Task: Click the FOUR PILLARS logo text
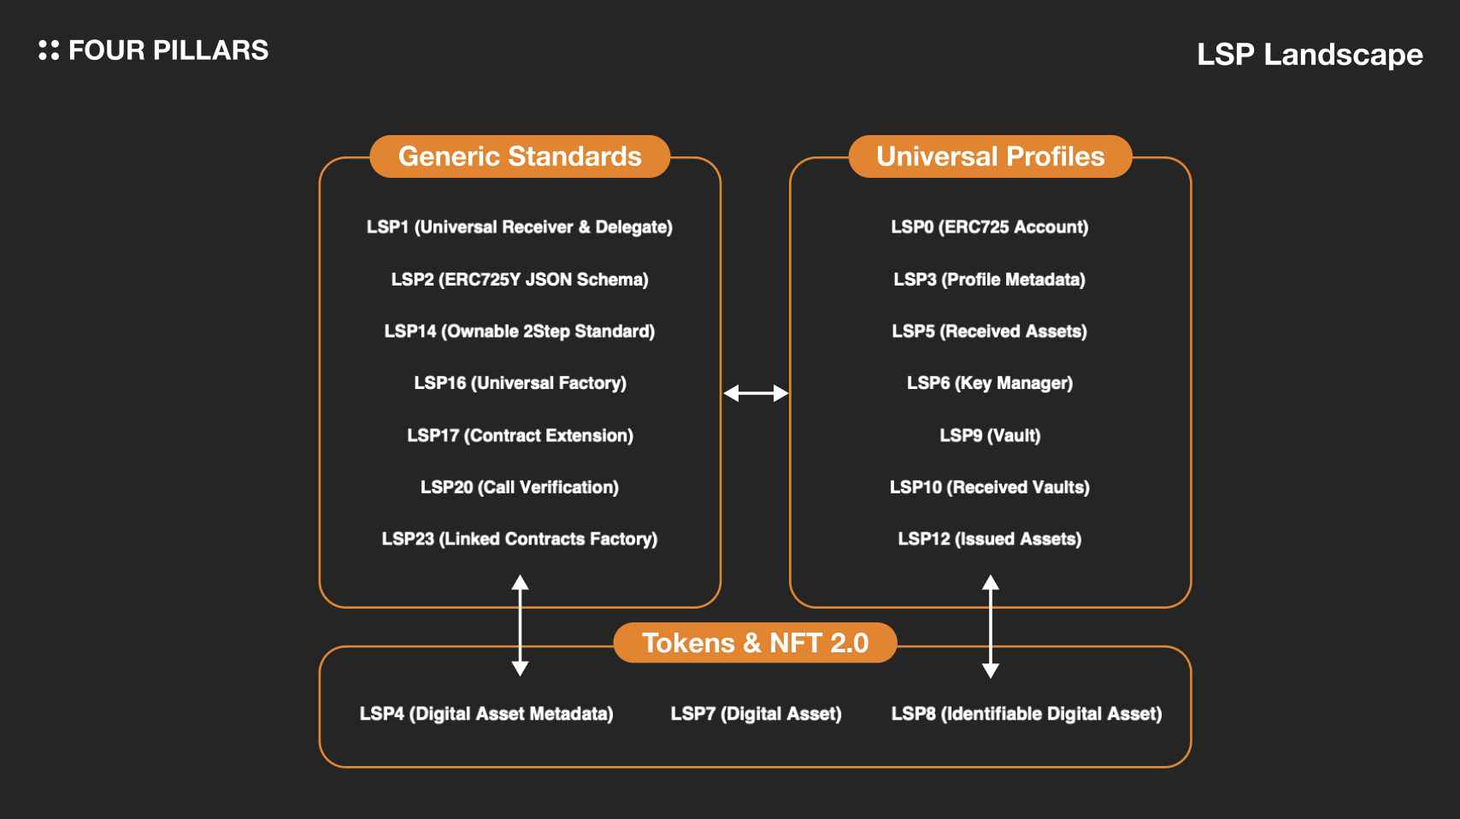[168, 50]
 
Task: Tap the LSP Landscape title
[1309, 55]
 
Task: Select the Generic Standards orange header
[520, 156]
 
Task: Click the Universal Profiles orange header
[990, 156]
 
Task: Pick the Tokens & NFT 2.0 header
[755, 643]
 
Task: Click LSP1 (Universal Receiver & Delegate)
[519, 227]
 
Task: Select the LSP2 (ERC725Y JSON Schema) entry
[519, 280]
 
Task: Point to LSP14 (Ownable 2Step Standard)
[519, 332]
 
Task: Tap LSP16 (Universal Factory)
[520, 383]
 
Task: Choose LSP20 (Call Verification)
[519, 487]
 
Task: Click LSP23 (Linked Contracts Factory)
[519, 539]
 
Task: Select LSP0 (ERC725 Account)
[989, 227]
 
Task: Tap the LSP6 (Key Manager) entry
[989, 383]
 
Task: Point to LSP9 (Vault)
[990, 435]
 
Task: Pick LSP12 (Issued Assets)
[989, 539]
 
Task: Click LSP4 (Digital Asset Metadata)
[486, 714]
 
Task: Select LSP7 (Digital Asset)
[756, 714]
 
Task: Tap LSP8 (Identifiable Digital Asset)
[1026, 714]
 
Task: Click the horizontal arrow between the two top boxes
[756, 393]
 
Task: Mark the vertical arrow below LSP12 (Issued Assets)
[991, 627]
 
